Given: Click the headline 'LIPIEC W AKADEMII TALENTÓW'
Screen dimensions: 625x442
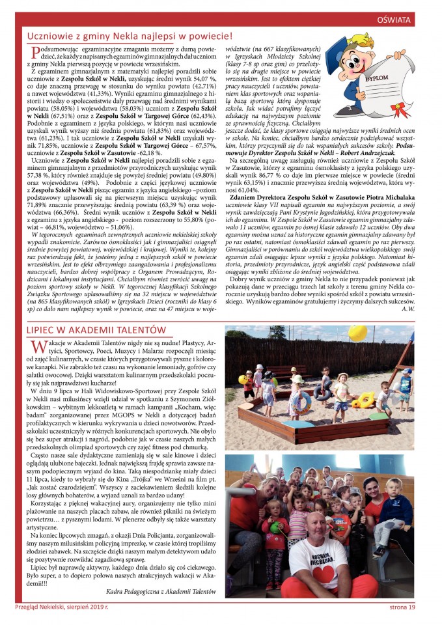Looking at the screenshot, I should pos(97,330).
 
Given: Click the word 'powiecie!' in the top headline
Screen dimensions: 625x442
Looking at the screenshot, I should pos(208,36).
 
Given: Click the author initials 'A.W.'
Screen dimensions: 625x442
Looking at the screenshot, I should pos(408,309).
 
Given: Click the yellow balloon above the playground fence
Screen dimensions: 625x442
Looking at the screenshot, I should pos(358,333).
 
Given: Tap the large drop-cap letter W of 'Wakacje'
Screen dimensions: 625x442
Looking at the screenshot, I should pos(38,346).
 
